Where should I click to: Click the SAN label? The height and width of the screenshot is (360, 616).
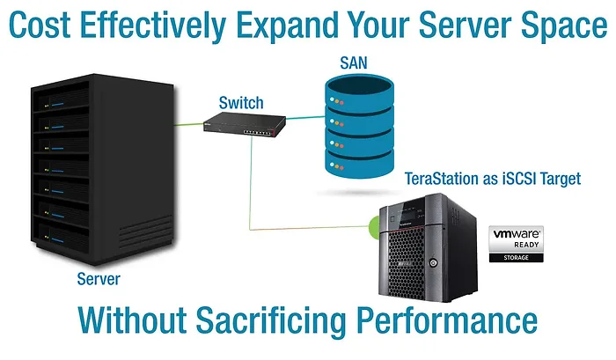[354, 64]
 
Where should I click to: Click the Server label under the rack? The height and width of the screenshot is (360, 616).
[97, 279]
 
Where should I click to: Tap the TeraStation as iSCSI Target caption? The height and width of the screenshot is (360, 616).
[493, 179]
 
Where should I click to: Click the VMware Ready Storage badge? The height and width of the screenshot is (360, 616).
[516, 245]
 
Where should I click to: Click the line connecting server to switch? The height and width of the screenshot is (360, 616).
[189, 124]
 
